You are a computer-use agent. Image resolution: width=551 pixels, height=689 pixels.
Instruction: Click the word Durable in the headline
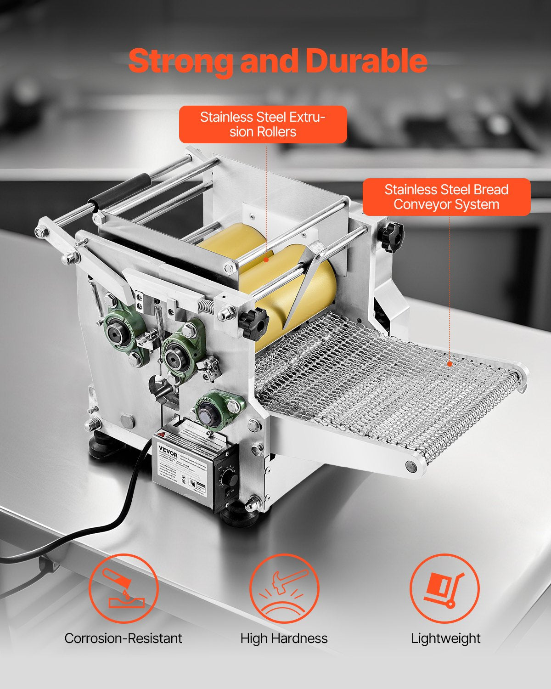point(366,61)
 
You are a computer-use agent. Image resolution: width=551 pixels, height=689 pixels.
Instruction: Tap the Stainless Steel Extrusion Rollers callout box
point(263,124)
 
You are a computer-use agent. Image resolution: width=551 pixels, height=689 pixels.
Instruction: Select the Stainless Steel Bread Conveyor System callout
point(446,197)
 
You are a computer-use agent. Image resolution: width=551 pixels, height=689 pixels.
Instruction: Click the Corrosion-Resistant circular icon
point(123,588)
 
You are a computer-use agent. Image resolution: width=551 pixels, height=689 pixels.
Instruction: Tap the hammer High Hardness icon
point(284,588)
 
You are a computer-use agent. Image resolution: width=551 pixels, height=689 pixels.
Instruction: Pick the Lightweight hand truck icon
point(444,588)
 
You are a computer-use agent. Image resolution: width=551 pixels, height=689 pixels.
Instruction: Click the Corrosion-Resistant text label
point(123,638)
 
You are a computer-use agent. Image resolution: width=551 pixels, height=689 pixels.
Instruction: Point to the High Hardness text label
point(284,638)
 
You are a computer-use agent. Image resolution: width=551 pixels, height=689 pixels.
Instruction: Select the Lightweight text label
point(445,638)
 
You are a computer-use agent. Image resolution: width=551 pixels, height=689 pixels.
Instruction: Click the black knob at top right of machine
point(391,237)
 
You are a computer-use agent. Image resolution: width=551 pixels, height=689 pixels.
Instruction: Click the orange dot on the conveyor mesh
point(450,364)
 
